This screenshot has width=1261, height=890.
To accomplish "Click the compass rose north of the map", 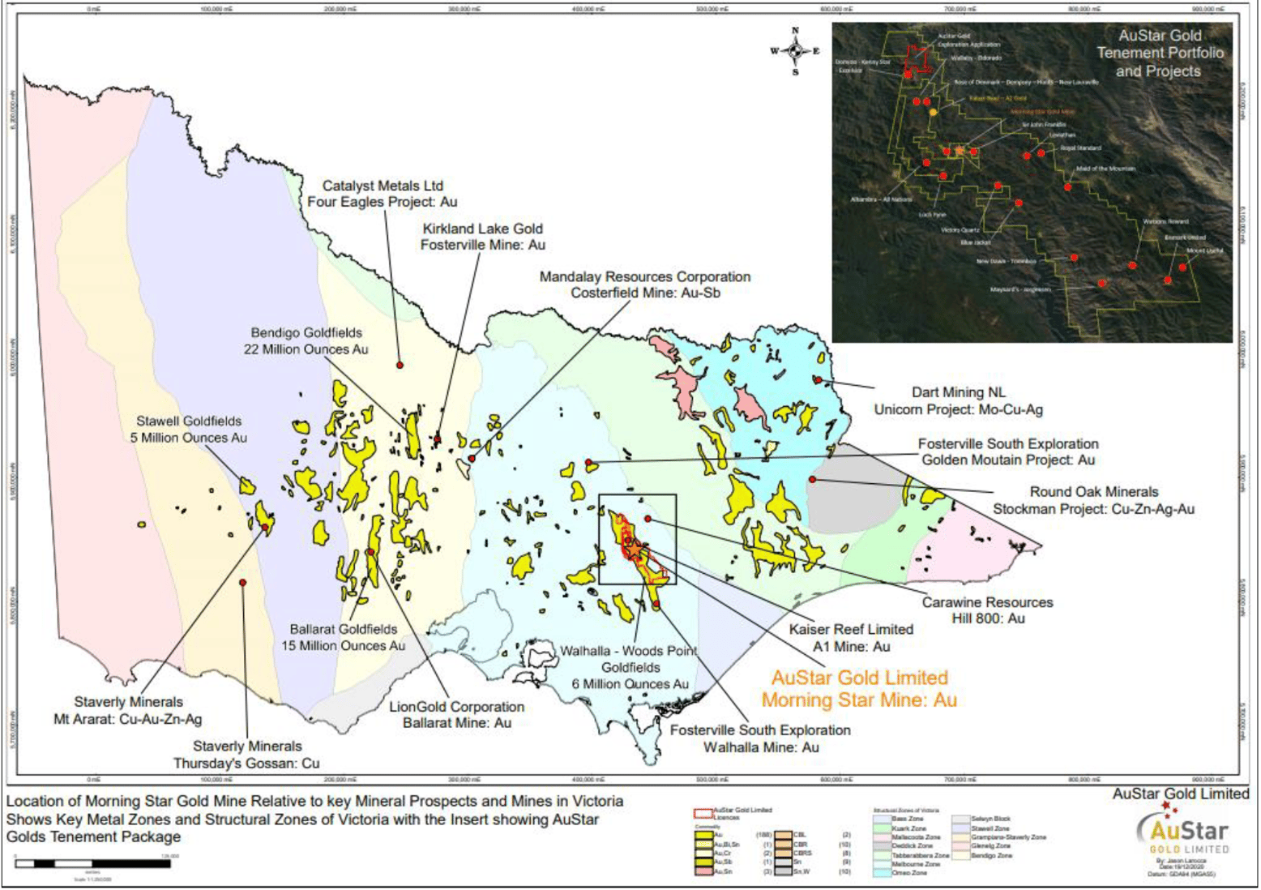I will tap(795, 51).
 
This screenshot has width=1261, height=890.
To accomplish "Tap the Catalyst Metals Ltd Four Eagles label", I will tap(383, 194).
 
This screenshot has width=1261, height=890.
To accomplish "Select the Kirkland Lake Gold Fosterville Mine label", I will tap(482, 237).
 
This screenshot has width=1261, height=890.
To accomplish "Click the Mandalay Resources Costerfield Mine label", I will tap(645, 285).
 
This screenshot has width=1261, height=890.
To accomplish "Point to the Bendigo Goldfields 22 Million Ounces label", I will tap(306, 340).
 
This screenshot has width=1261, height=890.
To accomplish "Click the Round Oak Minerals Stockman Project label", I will tap(1093, 500).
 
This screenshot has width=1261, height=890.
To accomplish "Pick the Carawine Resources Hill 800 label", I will tap(987, 610).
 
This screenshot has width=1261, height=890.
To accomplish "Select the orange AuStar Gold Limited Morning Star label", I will tap(859, 689).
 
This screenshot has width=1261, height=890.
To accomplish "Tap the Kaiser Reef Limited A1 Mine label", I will tap(851, 638).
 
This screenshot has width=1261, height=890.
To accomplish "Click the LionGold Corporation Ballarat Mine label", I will tap(457, 714).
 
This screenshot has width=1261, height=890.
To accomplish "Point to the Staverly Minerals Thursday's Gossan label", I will tap(246, 754).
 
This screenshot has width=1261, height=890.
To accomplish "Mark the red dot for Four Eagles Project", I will tap(400, 366).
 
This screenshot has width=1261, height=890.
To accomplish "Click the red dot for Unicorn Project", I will tap(819, 379).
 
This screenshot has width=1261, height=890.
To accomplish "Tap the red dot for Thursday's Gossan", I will tap(242, 582).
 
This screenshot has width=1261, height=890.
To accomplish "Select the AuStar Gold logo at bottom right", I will tap(1182, 832).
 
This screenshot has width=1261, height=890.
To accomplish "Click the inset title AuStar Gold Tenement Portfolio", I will tap(1160, 53).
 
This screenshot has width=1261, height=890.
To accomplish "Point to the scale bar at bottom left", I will tap(92, 864).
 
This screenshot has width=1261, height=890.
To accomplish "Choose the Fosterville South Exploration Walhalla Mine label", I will tap(760, 738).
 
